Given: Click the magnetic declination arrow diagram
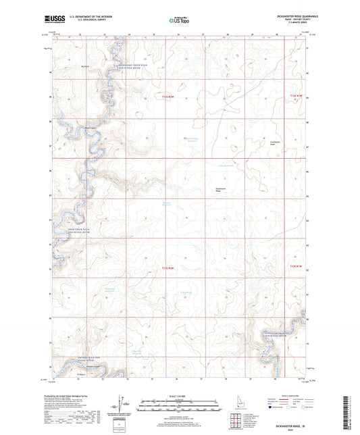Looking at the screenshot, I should click(x=123, y=405).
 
